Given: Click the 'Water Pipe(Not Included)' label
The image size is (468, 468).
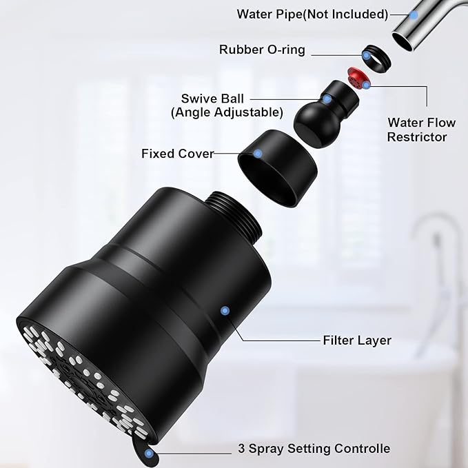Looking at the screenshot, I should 312,14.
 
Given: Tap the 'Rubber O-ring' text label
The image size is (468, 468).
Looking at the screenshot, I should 262,50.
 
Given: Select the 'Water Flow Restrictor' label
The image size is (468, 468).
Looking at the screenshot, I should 421,130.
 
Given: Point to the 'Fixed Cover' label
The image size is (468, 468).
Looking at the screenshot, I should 177,153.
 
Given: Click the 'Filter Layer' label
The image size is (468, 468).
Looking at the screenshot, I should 356,340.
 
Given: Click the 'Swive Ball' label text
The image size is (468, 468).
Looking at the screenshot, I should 212,99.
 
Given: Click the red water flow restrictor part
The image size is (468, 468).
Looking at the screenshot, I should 358,77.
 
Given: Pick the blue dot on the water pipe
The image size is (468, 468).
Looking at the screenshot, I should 415,14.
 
